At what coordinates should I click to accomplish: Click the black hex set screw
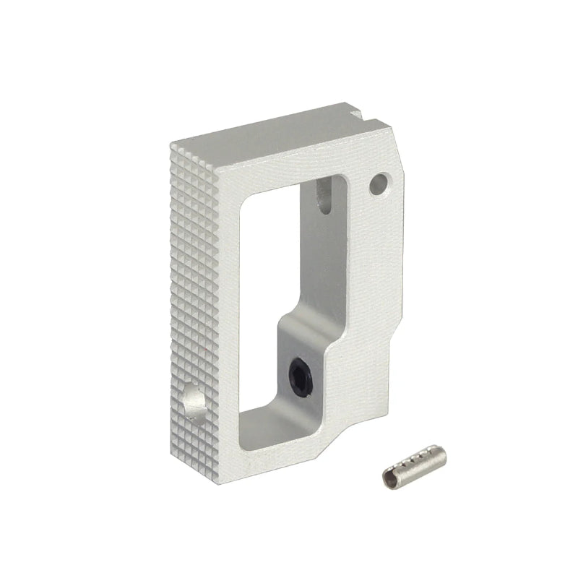point(300,377)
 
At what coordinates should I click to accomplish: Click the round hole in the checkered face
point(193,402)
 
